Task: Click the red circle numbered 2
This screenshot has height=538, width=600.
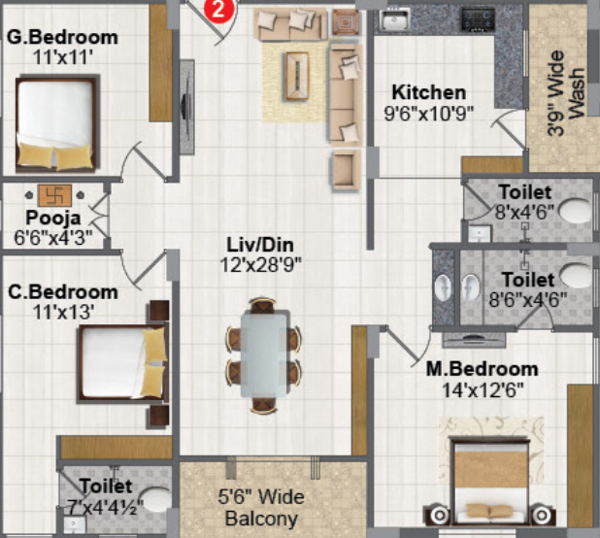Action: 220,11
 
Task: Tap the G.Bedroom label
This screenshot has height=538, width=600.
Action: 62,38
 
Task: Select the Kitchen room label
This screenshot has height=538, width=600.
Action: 429,93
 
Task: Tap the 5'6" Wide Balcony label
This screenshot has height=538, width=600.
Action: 260,507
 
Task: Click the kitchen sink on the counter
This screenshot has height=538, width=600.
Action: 393,19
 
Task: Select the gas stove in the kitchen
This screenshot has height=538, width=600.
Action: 478,18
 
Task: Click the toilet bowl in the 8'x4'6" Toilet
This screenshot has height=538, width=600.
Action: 576,209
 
